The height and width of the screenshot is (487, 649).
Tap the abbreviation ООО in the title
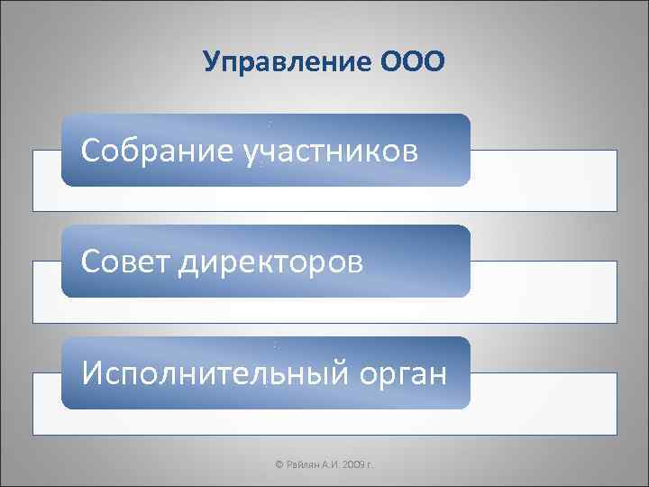tap(414, 61)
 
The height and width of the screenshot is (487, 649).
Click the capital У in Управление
tap(212, 61)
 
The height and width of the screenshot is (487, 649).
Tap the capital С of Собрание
tap(90, 150)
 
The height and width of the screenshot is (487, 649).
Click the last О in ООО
tap(434, 61)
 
